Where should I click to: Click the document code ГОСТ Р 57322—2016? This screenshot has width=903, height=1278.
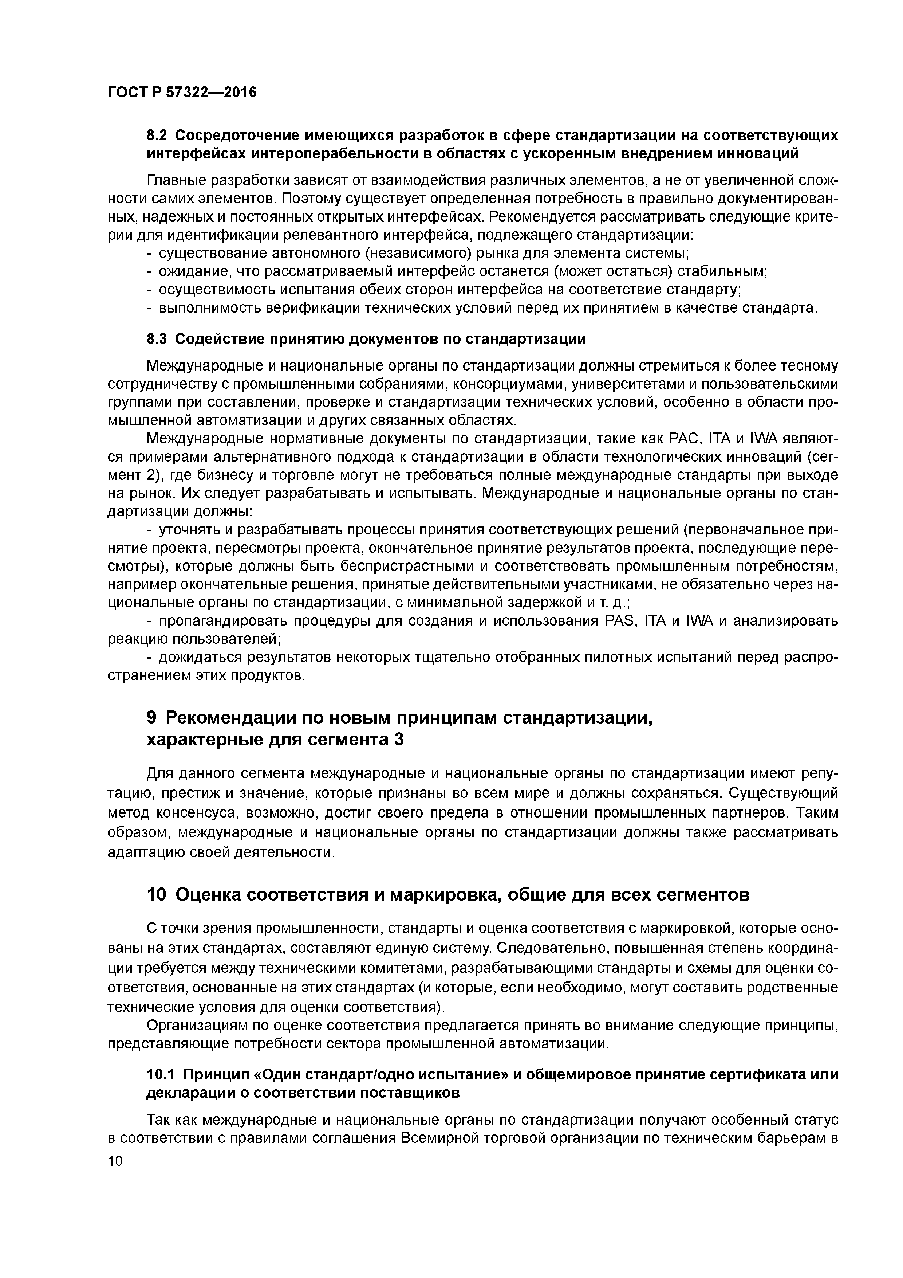point(182,93)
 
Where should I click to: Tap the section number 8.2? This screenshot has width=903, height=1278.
point(157,136)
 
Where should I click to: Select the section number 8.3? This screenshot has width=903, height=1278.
point(157,339)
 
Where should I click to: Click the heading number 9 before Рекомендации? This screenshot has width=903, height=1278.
point(151,718)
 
